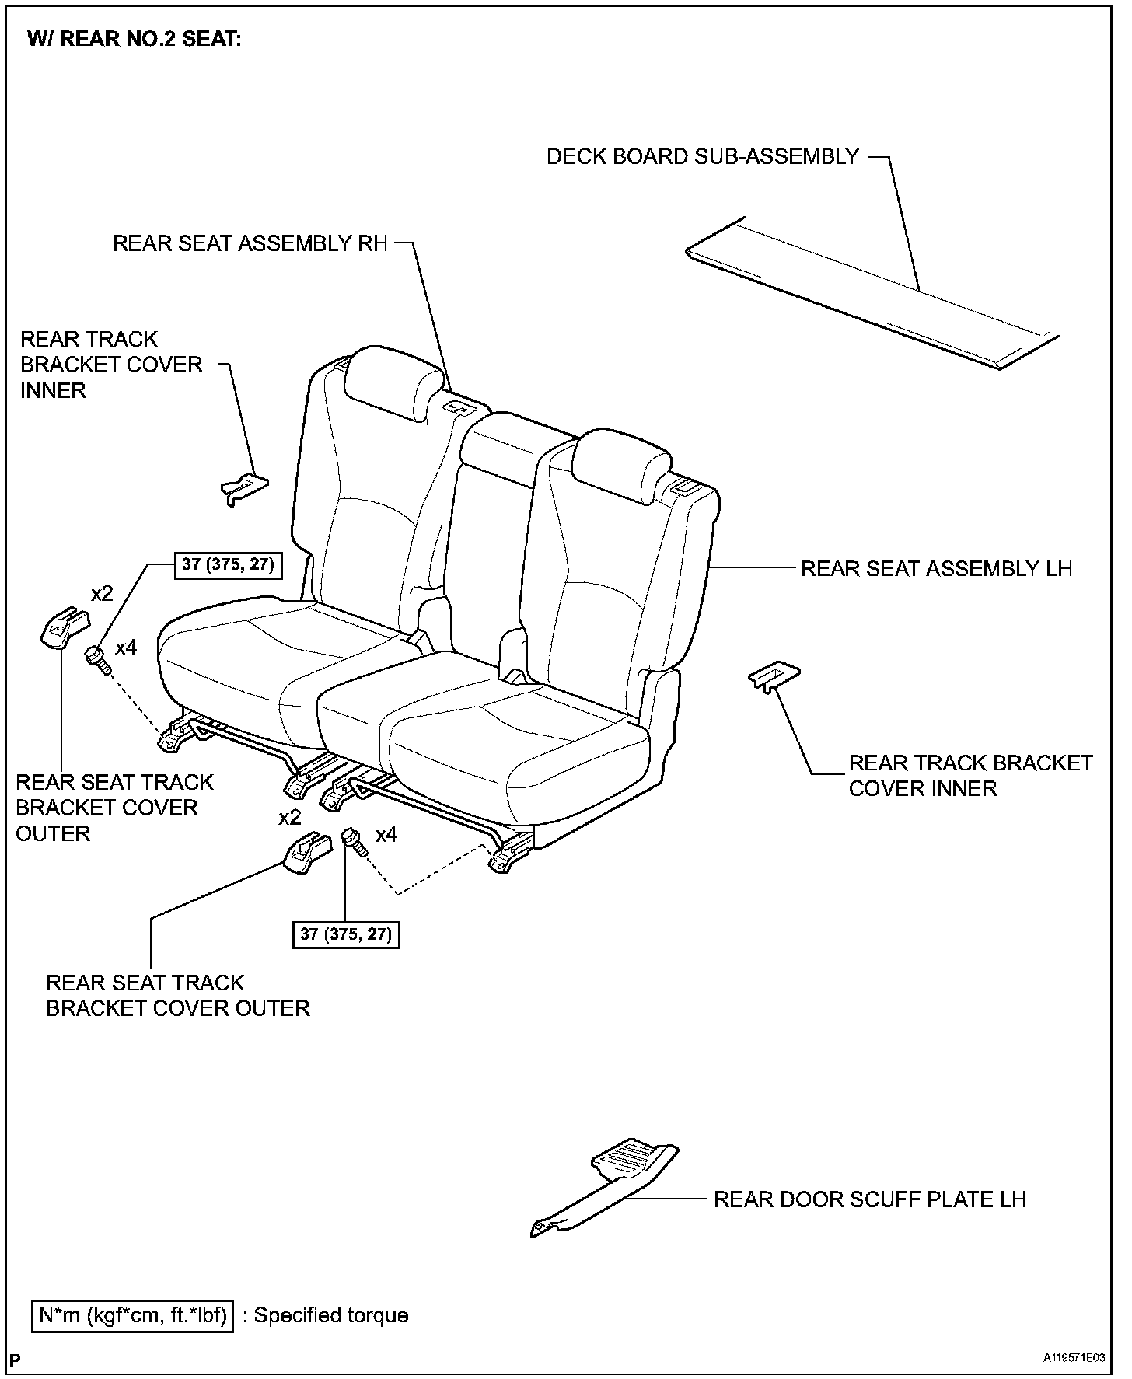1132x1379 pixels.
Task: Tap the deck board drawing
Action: click(x=871, y=295)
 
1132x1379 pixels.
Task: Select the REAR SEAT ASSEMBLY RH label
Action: click(x=250, y=243)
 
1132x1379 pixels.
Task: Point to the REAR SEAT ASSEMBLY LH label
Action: click(x=936, y=568)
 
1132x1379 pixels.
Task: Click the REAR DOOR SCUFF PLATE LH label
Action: click(x=870, y=1199)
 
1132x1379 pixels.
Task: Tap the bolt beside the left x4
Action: click(x=98, y=659)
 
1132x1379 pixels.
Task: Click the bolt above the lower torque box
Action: click(x=354, y=842)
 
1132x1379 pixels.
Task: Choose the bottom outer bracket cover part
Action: click(x=306, y=850)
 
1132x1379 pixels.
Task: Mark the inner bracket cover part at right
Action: click(x=774, y=676)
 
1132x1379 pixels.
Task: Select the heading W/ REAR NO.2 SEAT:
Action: click(x=134, y=39)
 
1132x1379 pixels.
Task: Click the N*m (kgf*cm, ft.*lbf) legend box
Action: click(x=133, y=1315)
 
